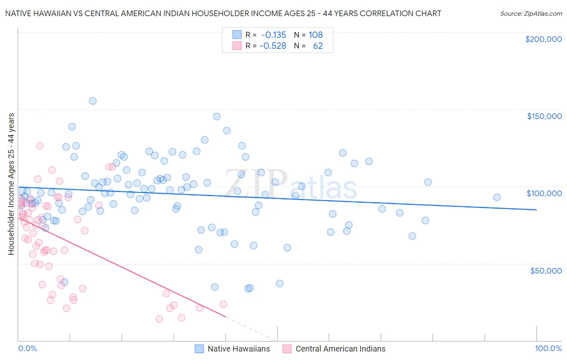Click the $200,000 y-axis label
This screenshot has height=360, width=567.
click(543, 39)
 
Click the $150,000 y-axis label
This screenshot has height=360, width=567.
click(544, 116)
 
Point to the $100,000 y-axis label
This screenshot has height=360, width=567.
click(544, 193)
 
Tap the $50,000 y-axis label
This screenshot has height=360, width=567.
click(546, 270)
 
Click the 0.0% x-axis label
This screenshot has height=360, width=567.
click(27, 348)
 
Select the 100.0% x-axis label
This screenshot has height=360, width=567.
click(548, 348)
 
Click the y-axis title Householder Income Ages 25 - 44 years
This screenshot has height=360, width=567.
click(11, 184)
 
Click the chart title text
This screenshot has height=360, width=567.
click(223, 13)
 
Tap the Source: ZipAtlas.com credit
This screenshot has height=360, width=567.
click(531, 13)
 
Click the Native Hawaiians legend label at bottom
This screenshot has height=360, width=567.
click(238, 349)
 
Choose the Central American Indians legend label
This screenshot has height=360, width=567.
click(340, 349)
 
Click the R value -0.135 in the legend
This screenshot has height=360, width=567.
click(273, 35)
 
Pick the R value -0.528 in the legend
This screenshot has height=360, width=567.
click(273, 46)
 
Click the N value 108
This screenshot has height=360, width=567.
click(316, 35)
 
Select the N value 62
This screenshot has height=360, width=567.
click(318, 46)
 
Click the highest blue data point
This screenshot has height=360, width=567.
click(93, 101)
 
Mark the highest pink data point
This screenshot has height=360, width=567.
click(40, 146)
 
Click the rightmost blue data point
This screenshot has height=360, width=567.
click(497, 197)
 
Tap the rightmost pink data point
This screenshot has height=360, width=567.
click(223, 304)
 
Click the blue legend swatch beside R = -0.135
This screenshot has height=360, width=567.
click(237, 35)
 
